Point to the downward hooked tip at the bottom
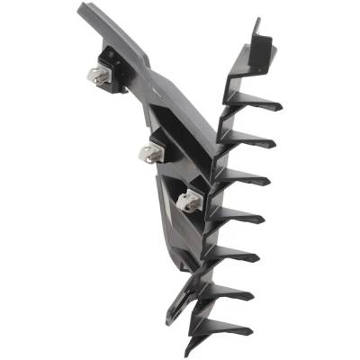click(x=190, y=346)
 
